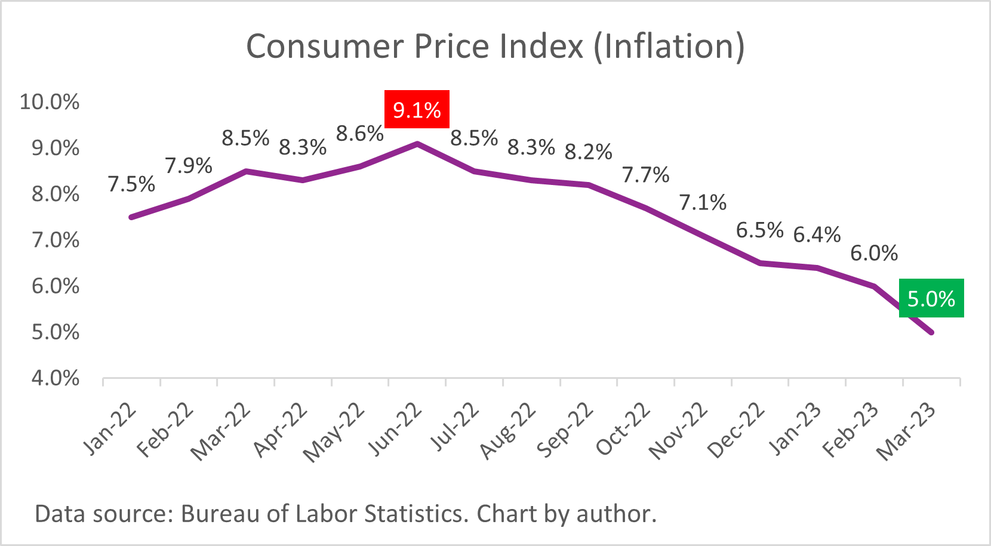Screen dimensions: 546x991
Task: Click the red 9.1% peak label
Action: pos(417,110)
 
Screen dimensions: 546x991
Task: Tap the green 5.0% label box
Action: pos(931,298)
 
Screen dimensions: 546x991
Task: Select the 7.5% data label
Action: pos(131,184)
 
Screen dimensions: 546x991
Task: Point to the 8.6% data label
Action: pos(359,134)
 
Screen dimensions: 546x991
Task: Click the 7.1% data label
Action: pos(703,202)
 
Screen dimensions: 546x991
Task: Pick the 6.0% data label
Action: pos(874,253)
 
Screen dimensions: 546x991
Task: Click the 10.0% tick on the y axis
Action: pos(50,101)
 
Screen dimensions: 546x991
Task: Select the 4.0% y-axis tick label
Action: pos(55,378)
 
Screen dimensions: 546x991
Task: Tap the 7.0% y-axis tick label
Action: pos(55,240)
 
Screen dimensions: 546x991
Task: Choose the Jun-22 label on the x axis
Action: pos(396,430)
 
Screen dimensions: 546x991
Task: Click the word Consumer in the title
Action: pos(325,46)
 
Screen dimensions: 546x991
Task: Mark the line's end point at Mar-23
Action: pos(931,332)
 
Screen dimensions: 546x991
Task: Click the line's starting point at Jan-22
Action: pos(131,217)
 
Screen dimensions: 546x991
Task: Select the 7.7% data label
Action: pos(645,175)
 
